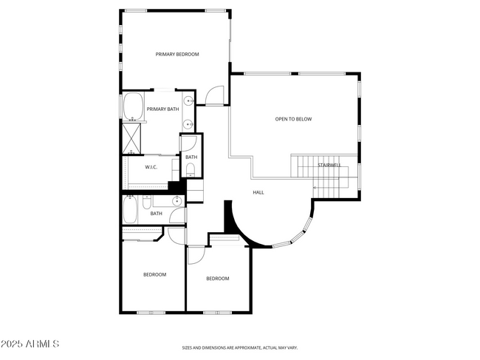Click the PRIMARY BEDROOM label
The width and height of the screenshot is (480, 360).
point(176,54)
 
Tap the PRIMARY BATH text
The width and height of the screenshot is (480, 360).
point(162,109)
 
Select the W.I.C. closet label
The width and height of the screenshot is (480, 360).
point(151,167)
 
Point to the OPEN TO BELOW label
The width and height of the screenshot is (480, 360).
point(293,119)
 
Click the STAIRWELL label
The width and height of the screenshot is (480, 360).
point(329,165)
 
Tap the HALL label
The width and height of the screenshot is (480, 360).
point(258,192)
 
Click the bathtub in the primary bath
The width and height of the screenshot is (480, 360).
point(134,106)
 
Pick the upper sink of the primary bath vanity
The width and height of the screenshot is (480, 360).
point(188,101)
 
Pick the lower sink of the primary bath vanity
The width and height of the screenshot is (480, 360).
point(188,123)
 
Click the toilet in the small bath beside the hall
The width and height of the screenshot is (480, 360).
point(191,170)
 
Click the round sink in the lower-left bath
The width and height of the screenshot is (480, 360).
point(177,200)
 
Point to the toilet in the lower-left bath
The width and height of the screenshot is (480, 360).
point(147,201)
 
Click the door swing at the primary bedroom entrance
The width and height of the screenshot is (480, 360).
point(214,95)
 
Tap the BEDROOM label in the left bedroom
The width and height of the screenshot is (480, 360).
point(154,274)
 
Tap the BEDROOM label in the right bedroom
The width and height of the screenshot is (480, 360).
point(217,279)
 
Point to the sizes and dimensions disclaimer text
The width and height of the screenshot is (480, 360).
point(240,347)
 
